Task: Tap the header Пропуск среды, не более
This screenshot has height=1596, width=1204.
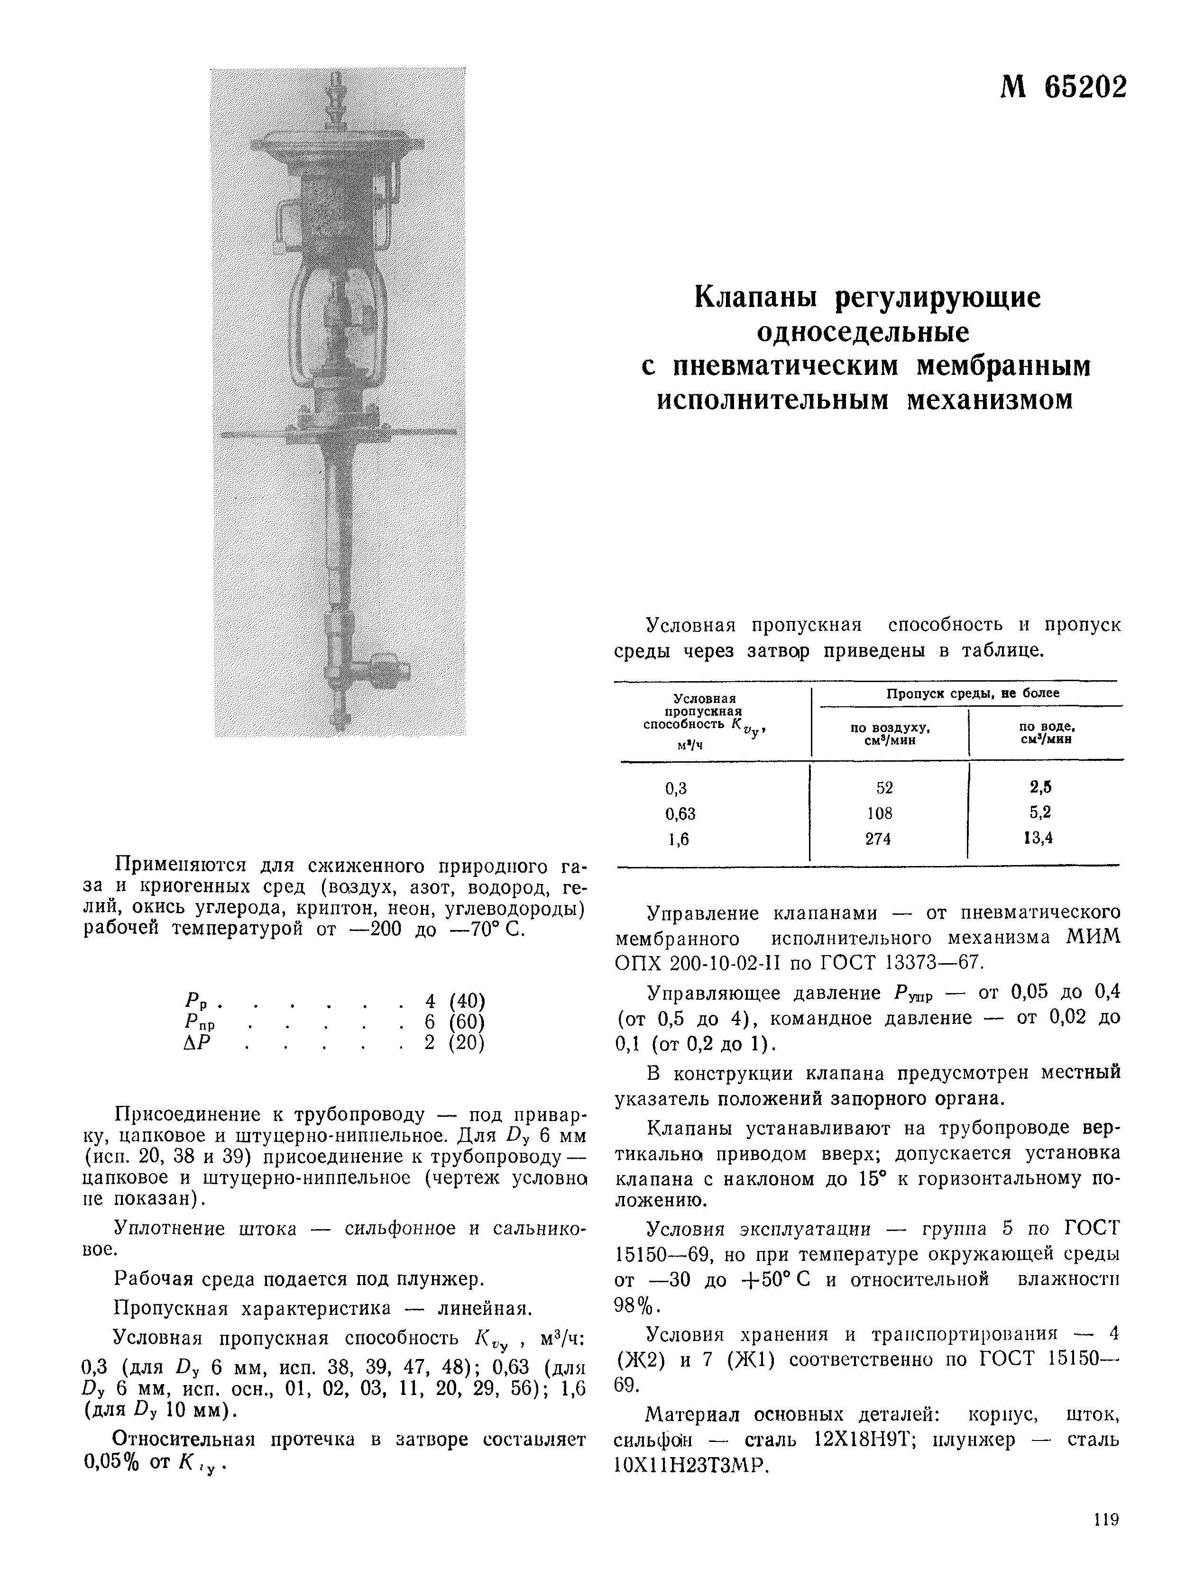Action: point(972,693)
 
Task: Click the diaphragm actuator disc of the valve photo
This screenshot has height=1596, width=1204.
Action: point(336,148)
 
